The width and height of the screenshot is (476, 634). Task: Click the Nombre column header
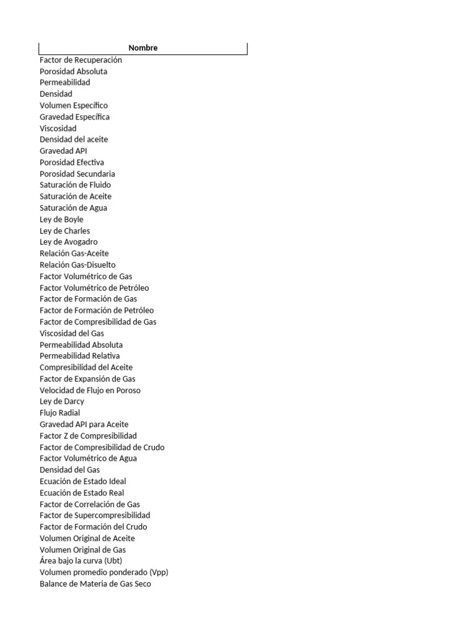[143, 48]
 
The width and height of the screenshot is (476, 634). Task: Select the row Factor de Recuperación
[81, 60]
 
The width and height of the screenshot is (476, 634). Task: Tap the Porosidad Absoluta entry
[73, 71]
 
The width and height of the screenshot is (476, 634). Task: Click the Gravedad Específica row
[74, 117]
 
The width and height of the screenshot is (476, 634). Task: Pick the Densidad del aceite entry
[74, 139]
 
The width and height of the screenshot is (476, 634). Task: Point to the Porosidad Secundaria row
[77, 174]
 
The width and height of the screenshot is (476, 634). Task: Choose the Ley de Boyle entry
[61, 220]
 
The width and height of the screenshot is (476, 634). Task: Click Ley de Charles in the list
[64, 231]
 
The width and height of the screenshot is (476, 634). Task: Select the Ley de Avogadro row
[68, 242]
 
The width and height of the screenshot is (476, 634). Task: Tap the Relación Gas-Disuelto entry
[77, 265]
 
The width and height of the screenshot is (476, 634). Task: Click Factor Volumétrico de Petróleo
[94, 288]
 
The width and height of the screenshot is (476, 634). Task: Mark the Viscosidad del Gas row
[72, 334]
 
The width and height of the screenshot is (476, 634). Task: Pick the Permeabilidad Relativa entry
[80, 356]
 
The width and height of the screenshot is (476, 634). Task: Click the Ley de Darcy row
[62, 402]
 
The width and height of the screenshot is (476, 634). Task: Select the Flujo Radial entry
[59, 413]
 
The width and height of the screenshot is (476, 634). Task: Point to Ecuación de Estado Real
[82, 493]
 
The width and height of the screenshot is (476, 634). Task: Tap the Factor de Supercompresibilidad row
[95, 515]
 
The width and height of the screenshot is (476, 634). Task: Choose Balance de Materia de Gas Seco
[95, 584]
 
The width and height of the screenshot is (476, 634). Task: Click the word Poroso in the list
[128, 391]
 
